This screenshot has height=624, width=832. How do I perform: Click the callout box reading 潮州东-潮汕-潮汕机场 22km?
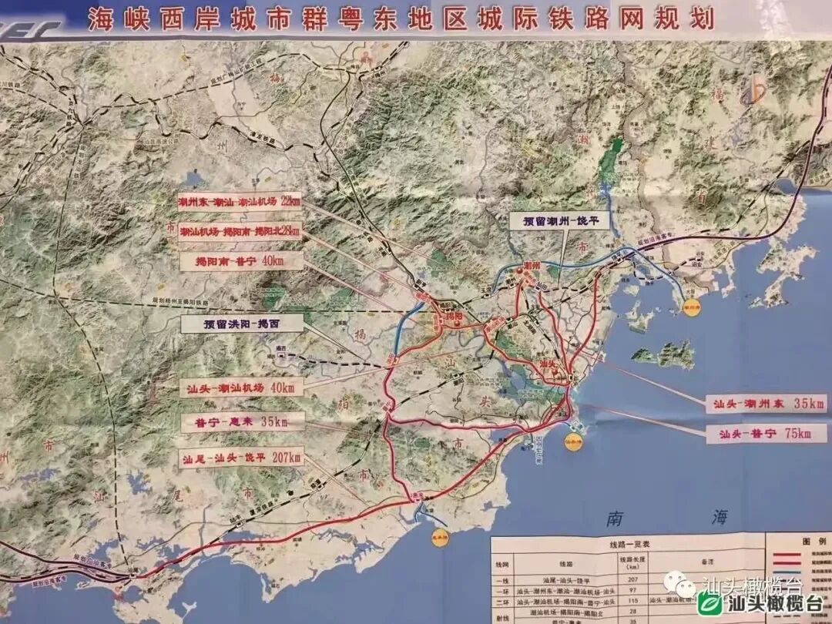tap(238, 202)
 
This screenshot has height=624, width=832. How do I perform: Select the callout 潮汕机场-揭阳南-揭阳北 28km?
tap(239, 231)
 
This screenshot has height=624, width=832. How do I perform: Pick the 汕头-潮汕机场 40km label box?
tap(240, 388)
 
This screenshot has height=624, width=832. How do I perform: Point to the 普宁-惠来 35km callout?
tap(240, 422)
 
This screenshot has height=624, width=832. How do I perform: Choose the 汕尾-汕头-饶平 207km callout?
tap(240, 458)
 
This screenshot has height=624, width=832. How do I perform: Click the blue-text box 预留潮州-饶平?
tap(559, 220)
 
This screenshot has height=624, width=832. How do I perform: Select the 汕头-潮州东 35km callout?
tap(758, 403)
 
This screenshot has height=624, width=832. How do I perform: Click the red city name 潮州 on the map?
tap(531, 265)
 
